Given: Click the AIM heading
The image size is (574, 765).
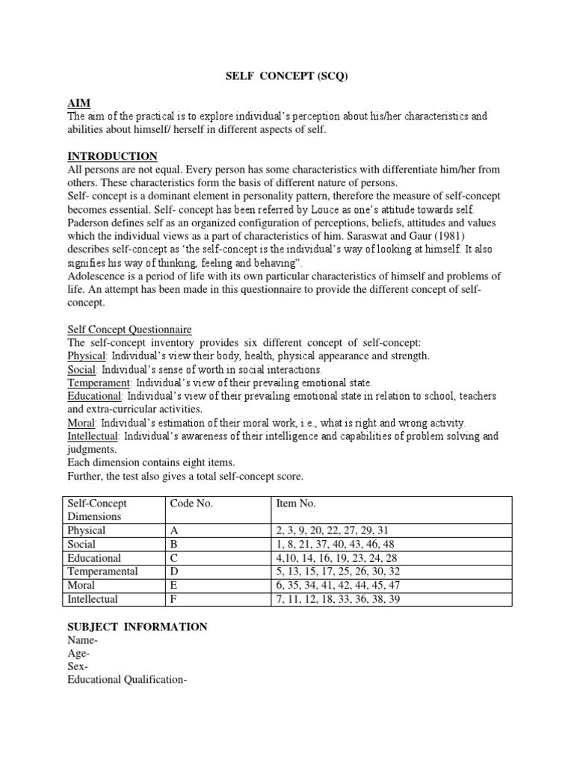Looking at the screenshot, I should tap(79, 102).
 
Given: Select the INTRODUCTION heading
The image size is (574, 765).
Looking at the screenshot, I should tap(113, 156).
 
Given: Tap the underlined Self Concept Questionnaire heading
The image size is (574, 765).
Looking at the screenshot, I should tap(130, 329).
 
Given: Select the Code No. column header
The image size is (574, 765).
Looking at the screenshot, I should tap(192, 503).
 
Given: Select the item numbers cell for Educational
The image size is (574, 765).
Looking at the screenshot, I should tap(339, 558).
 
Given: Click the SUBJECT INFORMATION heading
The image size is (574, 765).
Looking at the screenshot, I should tap(138, 627).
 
